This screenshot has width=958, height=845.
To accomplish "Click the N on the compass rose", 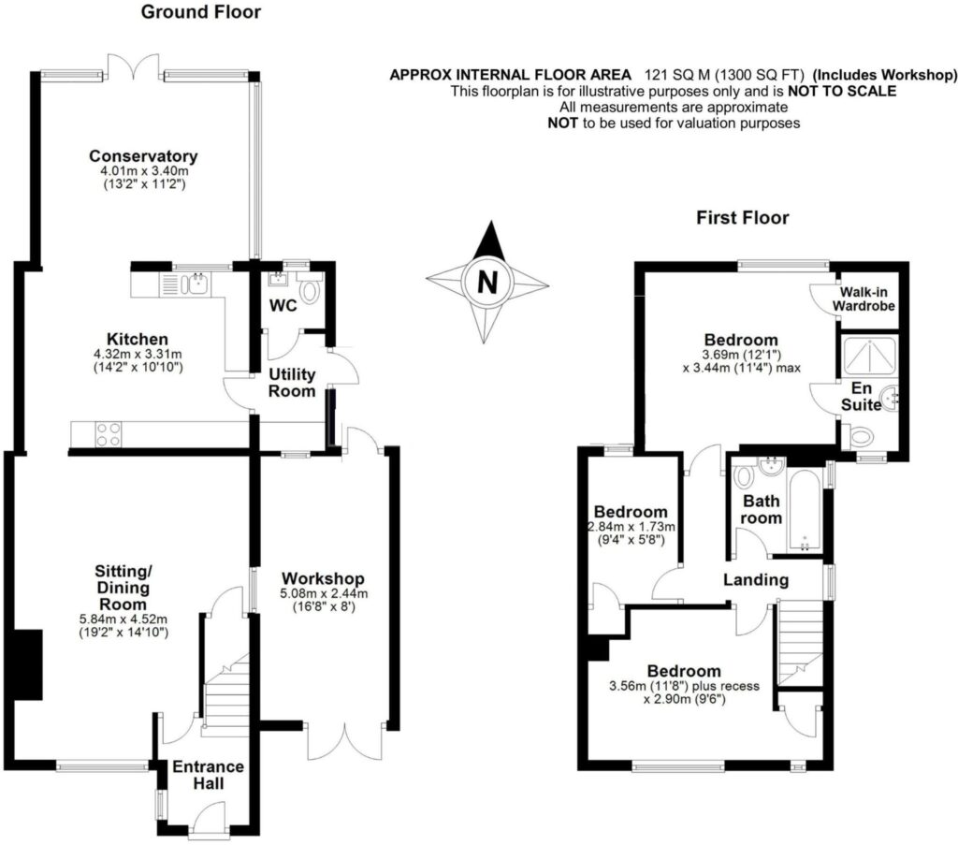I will click(x=486, y=281).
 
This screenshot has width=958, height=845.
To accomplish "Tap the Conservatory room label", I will click(x=143, y=155).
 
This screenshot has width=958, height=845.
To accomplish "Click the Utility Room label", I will click(x=292, y=382).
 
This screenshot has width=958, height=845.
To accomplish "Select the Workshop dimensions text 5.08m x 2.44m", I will click(x=324, y=593).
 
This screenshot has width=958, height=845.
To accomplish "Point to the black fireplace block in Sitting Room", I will click(x=28, y=664).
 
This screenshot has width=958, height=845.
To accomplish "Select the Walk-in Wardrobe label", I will click(x=865, y=299).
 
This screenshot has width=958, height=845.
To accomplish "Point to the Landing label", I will click(x=756, y=580).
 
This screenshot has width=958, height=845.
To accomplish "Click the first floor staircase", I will click(x=800, y=641).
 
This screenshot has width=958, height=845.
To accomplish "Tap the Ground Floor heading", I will click(x=200, y=12).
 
